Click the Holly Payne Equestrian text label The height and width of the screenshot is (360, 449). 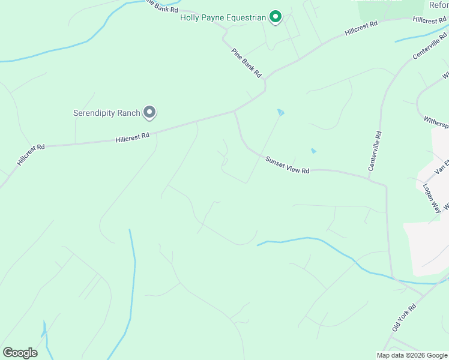(x=223, y=17)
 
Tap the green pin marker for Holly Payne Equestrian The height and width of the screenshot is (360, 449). (x=275, y=17)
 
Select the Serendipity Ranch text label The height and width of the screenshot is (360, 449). (x=106, y=113)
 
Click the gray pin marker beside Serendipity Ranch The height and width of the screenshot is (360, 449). (x=149, y=112)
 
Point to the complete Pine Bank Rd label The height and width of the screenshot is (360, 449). (x=247, y=62)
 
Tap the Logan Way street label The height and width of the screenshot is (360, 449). (x=433, y=197)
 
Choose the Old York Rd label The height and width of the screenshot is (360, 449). (x=404, y=317)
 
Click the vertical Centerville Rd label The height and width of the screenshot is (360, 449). (x=375, y=151)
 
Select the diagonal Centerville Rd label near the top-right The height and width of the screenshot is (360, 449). (x=430, y=46)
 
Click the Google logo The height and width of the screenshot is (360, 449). (x=20, y=353)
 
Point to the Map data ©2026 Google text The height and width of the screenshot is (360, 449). (x=412, y=355)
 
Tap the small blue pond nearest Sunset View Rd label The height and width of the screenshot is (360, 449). (x=313, y=151)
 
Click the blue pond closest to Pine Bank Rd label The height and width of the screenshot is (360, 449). (x=280, y=112)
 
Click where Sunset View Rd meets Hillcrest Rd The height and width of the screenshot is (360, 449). (x=234, y=111)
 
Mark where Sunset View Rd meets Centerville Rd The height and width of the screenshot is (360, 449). (x=385, y=181)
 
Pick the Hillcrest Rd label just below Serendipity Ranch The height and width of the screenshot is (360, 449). (x=132, y=138)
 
